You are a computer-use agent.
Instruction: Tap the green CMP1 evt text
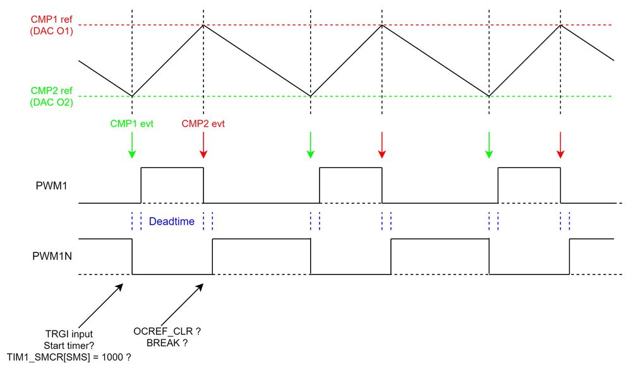(x=132, y=124)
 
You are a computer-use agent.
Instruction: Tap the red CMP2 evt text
(x=203, y=124)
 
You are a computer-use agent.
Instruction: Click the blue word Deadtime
(x=171, y=221)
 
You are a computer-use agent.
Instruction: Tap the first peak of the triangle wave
(x=203, y=25)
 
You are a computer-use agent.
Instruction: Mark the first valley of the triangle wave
(x=132, y=96)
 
